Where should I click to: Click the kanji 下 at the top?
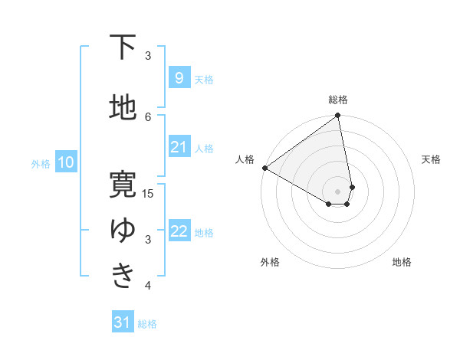point(123,47)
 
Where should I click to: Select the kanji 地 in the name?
point(123,108)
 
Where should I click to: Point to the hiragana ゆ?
point(123,230)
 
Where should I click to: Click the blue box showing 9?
point(179,77)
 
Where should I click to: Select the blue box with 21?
point(179,147)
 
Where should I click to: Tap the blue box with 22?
point(179,231)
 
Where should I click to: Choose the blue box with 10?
point(65,162)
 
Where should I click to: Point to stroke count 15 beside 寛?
point(149,193)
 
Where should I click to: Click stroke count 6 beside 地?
point(149,116)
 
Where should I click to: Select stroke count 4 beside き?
point(149,286)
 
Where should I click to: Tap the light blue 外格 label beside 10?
point(41,163)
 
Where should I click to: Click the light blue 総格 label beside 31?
point(147,324)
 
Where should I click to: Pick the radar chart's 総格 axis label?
point(338,100)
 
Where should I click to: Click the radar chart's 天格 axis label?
point(432,159)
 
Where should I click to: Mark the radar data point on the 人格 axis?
point(264,168)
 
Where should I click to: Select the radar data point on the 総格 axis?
point(338,116)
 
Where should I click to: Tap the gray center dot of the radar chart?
point(338,191)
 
